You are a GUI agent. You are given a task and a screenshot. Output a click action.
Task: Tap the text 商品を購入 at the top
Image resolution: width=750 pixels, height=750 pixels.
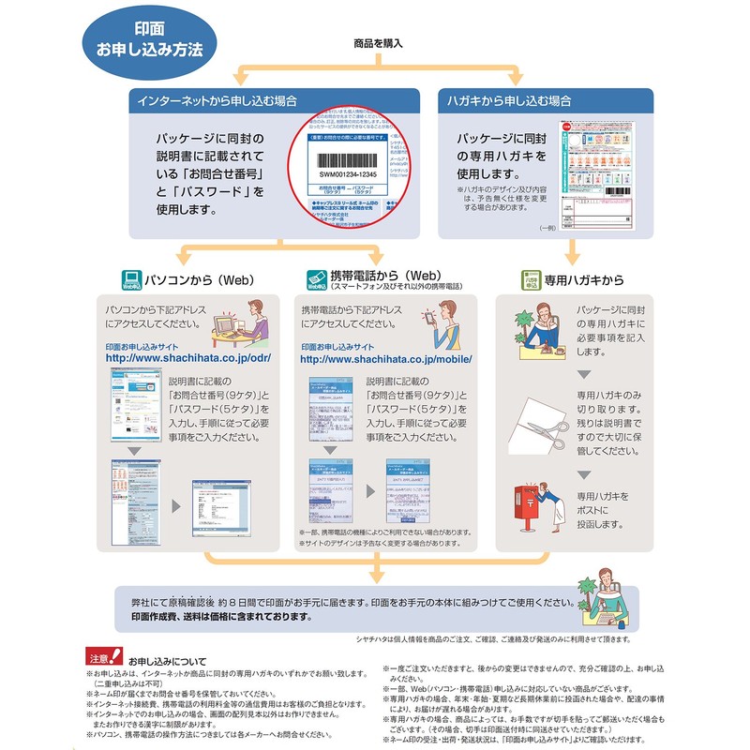point(379,44)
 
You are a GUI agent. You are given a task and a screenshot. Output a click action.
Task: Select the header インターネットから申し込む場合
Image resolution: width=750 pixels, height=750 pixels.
point(220,100)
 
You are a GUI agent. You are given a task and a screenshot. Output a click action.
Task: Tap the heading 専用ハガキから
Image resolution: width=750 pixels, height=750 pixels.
point(583,278)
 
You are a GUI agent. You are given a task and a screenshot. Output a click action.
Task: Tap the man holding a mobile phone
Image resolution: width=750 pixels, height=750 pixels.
point(444,324)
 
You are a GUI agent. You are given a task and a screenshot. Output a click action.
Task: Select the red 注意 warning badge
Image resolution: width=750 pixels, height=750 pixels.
point(102,656)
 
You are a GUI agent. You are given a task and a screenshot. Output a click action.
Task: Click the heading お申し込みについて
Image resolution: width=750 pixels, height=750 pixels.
point(167,661)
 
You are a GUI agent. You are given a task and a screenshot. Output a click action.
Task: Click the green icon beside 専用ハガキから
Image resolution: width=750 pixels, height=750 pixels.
point(532,278)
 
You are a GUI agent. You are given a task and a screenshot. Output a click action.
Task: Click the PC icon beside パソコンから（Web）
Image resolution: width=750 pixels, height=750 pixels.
point(130,278)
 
